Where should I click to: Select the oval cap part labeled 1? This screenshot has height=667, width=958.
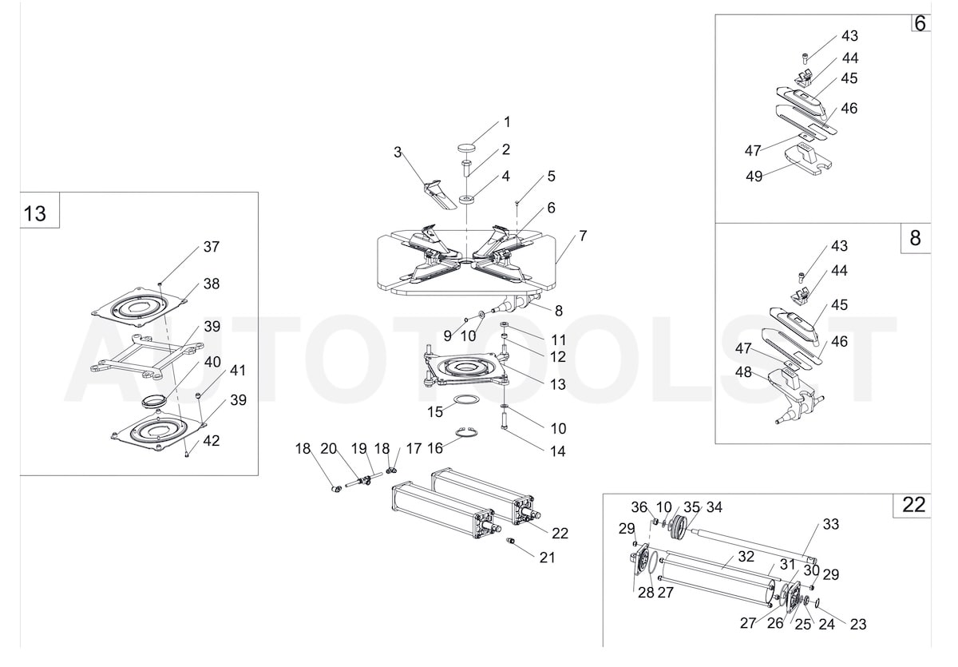click(466, 147)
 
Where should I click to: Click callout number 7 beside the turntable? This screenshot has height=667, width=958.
click(583, 236)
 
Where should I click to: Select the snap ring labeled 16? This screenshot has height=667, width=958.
click(468, 434)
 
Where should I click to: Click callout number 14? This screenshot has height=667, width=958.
click(557, 451)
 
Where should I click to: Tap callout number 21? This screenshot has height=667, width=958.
click(547, 558)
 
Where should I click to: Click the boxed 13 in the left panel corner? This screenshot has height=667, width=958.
click(35, 214)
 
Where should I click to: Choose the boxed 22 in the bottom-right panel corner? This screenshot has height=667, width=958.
click(913, 505)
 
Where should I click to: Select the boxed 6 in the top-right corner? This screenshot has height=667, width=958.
click(920, 23)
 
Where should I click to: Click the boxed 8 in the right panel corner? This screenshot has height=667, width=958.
click(916, 238)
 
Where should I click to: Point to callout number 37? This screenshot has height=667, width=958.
click(211, 247)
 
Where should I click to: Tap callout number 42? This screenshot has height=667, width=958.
click(211, 440)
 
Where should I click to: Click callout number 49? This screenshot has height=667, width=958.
click(754, 177)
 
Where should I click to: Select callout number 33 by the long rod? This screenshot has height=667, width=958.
click(831, 525)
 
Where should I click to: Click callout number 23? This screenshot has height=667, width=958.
click(858, 625)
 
